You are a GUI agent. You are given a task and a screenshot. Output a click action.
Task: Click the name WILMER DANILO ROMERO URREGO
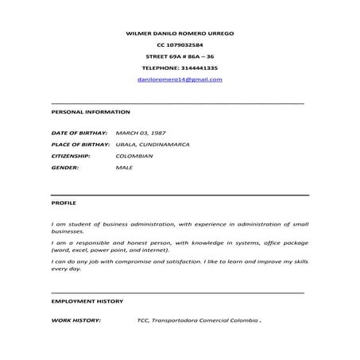point(180,33)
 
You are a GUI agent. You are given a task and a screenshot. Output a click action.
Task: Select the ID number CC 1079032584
point(180,45)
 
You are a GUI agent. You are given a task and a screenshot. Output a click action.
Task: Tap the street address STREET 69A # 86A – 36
point(180,57)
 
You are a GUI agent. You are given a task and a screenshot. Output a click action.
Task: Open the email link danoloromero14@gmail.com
point(180,80)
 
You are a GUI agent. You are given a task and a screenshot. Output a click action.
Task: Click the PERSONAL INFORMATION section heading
point(85,112)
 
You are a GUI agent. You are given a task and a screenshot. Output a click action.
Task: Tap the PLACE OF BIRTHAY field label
point(79,144)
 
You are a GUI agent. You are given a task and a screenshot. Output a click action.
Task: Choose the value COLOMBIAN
point(134,157)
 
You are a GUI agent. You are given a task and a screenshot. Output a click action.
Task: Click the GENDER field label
point(64,168)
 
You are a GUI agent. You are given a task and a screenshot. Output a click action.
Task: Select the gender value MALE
point(124,168)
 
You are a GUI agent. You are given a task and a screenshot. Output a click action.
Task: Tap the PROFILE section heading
point(64,203)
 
